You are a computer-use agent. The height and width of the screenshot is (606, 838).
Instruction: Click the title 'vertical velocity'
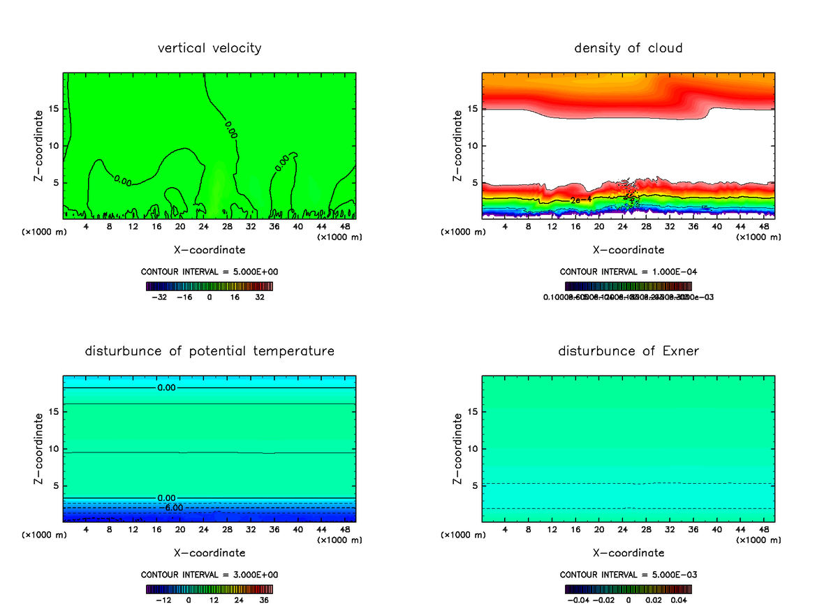coord(209,48)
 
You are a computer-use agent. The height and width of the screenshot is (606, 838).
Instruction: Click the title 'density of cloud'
coord(628,48)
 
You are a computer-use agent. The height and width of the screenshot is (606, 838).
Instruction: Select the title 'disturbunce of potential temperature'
coord(209,350)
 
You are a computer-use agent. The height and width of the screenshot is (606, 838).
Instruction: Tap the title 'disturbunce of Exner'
coord(628,350)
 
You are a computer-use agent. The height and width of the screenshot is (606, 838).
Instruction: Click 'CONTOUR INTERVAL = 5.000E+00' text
coord(209,272)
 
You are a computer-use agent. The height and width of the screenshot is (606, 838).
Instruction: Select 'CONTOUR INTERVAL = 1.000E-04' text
coord(628,272)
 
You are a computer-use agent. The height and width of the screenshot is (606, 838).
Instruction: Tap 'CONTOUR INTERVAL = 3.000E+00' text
coord(209,575)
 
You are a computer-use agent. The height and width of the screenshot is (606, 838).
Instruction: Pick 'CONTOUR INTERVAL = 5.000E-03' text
coord(628,575)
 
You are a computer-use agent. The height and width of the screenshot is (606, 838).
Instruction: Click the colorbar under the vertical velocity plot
coord(209,286)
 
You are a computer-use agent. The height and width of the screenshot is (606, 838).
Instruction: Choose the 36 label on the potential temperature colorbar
coord(264,599)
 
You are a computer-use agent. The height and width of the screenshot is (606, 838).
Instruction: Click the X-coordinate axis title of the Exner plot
coord(628,553)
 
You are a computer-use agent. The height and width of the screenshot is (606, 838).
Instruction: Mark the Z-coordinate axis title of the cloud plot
coord(458,146)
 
